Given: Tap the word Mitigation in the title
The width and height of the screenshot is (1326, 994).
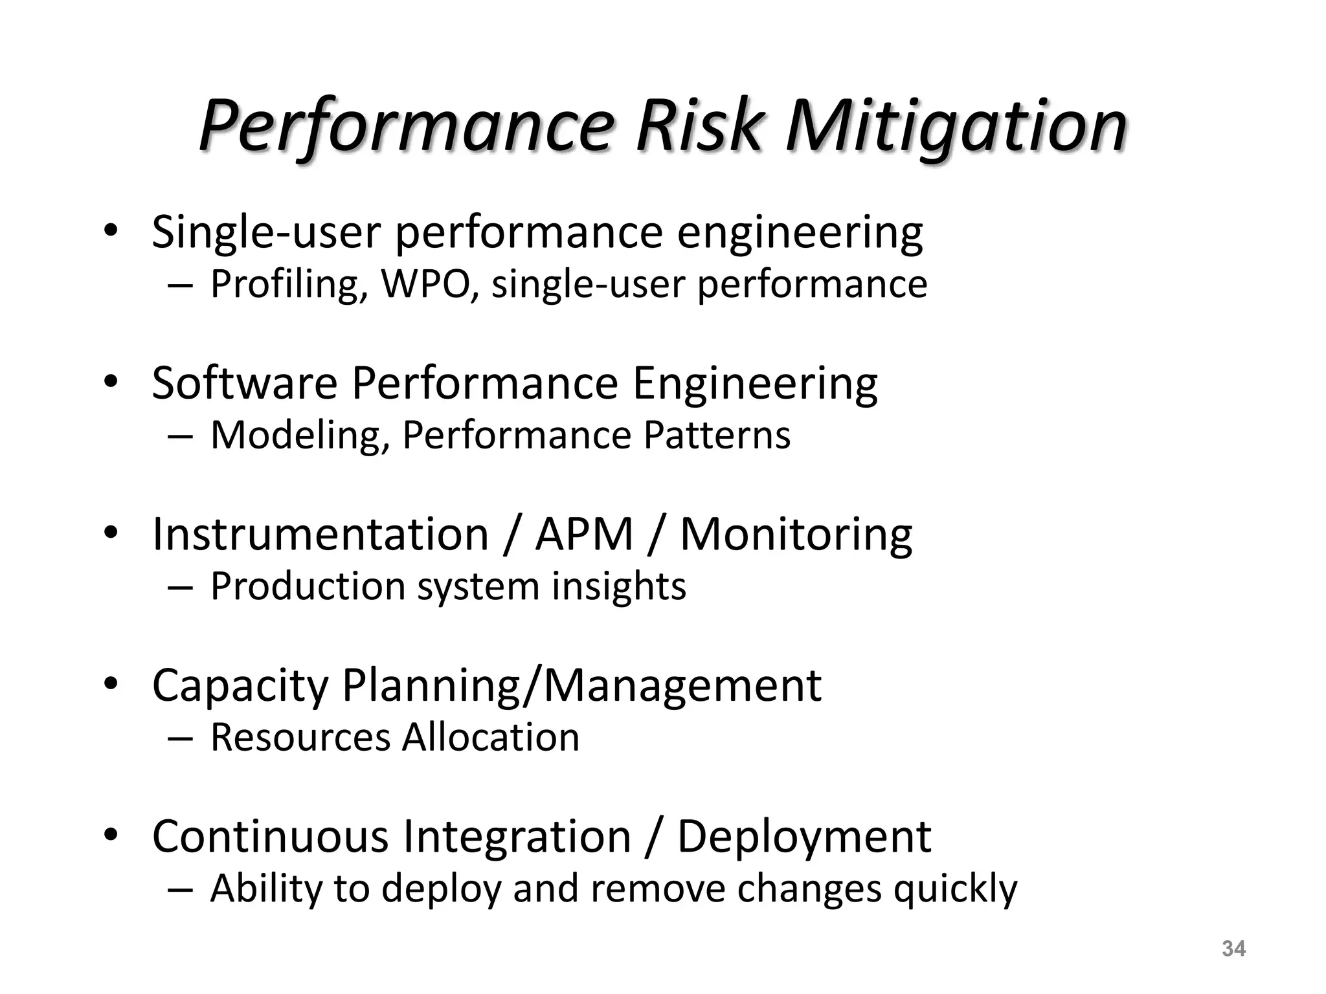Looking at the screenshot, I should click(956, 126).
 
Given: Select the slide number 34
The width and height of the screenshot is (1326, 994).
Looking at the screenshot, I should click(1233, 949).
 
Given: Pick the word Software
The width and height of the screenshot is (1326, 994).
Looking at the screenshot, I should click(244, 383).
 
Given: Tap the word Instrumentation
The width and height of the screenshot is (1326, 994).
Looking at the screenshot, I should click(320, 535).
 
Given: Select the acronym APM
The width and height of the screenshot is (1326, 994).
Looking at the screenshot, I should click(584, 535).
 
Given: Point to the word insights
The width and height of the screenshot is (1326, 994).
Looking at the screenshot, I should click(618, 586).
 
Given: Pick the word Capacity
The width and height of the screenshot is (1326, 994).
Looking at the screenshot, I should click(240, 686).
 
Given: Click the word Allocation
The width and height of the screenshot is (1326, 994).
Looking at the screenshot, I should click(490, 737).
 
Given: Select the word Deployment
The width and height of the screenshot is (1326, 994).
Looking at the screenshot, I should click(803, 837).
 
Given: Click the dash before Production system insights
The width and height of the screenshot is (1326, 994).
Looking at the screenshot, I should click(179, 587).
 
